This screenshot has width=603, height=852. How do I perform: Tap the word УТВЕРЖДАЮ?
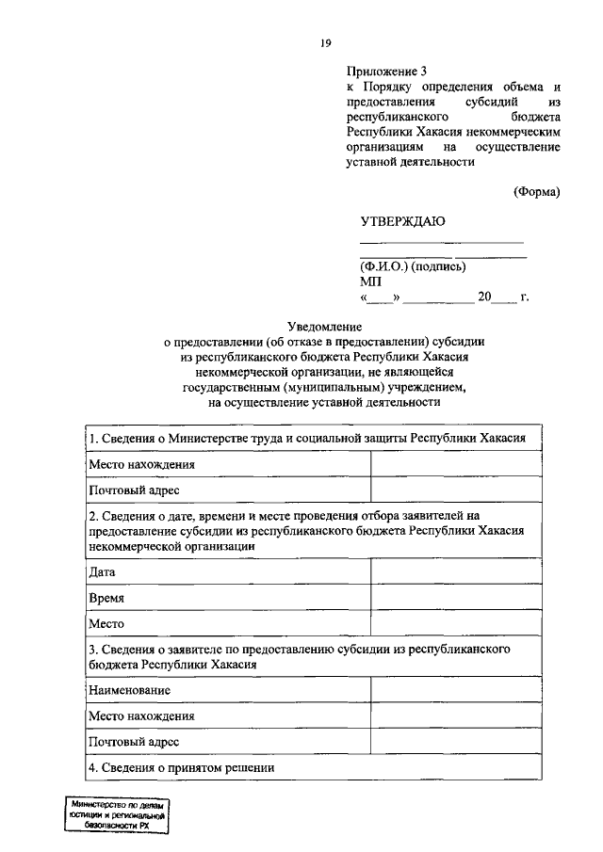402,221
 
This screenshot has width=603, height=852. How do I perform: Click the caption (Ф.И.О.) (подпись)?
413,265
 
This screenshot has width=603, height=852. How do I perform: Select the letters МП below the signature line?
369,281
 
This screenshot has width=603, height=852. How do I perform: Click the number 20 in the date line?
484,297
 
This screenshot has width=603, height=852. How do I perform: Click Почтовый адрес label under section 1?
133,490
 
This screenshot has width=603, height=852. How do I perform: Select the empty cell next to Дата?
456,571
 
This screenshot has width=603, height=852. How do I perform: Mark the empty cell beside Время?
456,598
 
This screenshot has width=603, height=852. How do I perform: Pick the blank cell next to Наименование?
456,690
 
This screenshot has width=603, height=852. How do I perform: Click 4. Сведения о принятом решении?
181,767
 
